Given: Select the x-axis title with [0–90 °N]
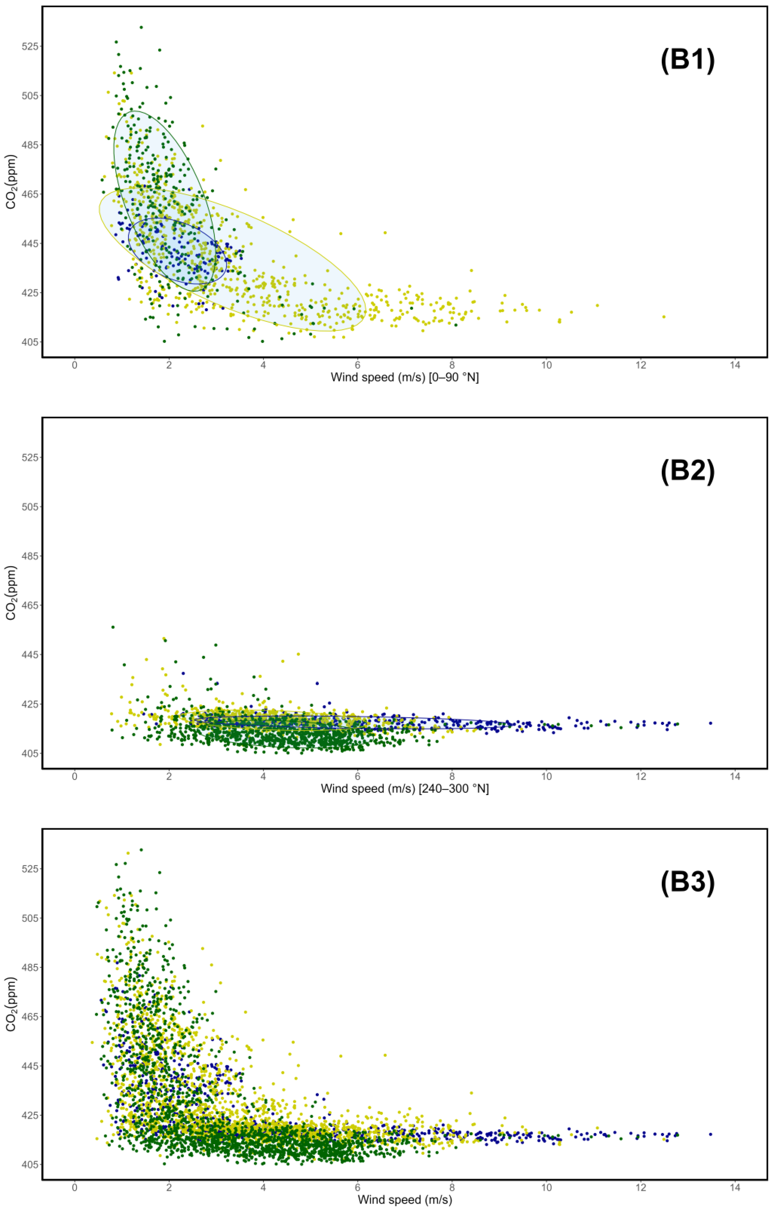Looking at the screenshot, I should click(x=405, y=377).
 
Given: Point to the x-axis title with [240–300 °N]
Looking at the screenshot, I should click(x=405, y=789).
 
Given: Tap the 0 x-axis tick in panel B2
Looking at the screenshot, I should click(x=75, y=776).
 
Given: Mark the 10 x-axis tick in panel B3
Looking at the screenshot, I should click(x=546, y=1187).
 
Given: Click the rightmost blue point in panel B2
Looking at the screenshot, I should click(x=710, y=723).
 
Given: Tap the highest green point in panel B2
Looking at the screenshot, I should click(x=113, y=627).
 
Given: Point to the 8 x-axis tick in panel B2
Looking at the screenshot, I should click(x=451, y=776).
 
